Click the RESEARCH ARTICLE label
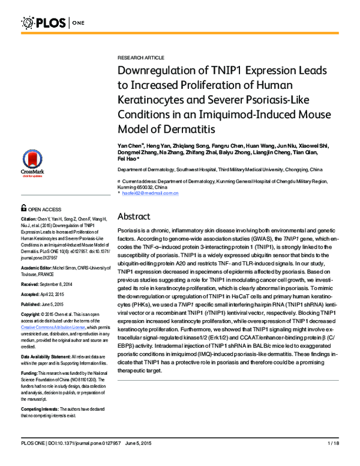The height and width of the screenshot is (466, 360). click(140, 58)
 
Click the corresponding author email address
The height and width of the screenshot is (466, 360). click(150, 193)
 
